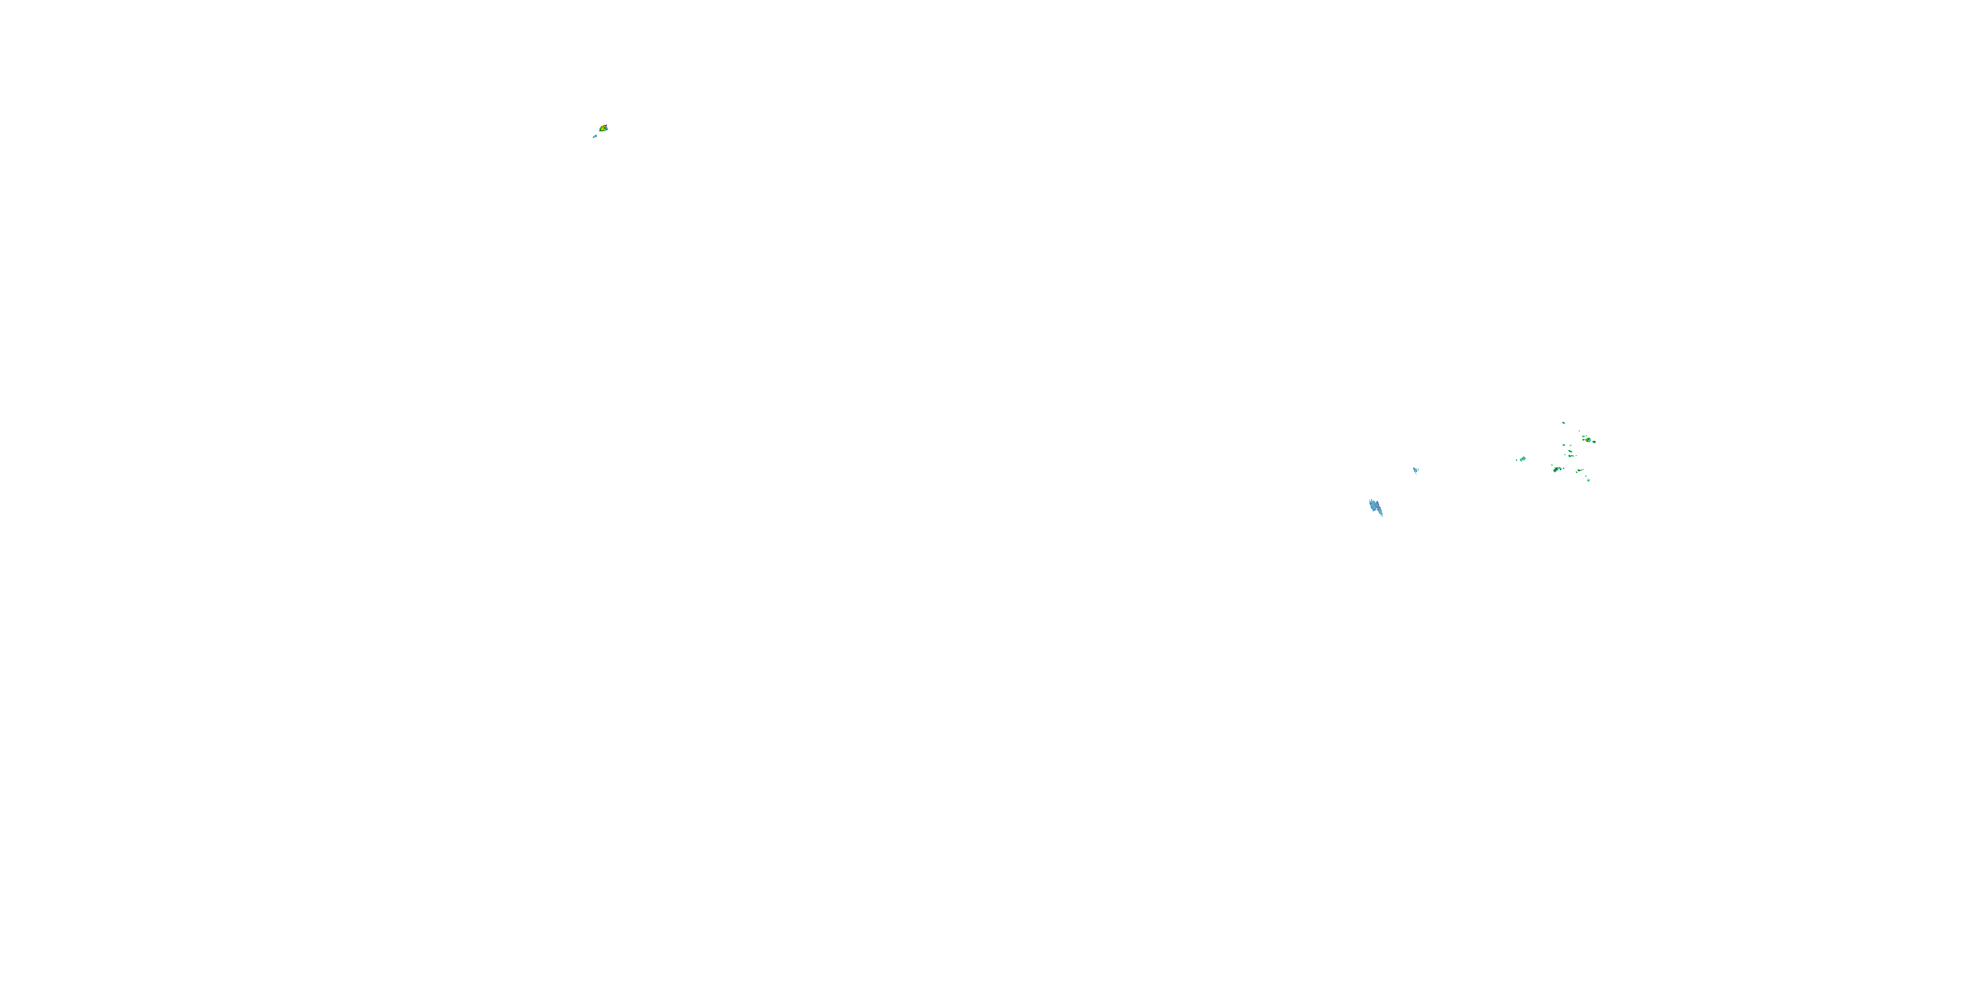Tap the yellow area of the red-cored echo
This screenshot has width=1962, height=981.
tap(602, 129)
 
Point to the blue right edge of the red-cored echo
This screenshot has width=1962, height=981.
tap(607, 129)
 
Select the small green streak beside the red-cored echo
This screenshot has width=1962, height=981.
tap(596, 136)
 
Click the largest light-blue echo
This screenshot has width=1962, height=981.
tap(1375, 506)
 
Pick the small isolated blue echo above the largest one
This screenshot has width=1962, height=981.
tap(1416, 471)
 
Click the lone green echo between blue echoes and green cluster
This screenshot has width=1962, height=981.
tap(1523, 459)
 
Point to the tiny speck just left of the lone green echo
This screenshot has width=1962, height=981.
tap(1517, 461)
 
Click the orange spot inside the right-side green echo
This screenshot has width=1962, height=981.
tap(1587, 441)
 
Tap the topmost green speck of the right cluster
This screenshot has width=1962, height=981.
tap(1564, 424)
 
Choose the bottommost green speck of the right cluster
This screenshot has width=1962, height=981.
tap(1589, 481)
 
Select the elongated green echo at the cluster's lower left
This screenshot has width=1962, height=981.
tap(1556, 470)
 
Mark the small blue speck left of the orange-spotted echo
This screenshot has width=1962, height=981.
tap(1584, 440)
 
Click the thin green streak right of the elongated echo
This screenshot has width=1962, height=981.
tap(1581, 471)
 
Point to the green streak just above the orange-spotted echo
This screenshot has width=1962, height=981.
tap(1584, 437)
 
